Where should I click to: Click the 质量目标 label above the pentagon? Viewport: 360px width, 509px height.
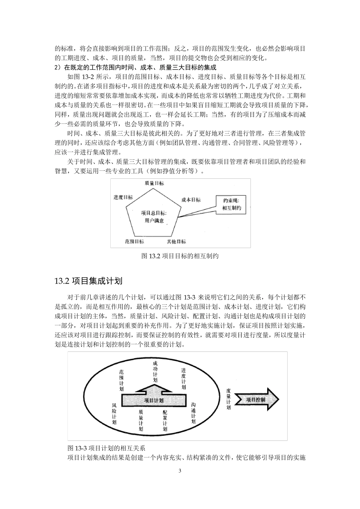[154, 183]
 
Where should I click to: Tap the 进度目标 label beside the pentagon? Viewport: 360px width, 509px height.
[123, 197]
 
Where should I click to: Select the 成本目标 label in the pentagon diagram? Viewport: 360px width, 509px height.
[191, 200]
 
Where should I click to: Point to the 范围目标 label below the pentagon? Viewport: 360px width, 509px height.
[135, 241]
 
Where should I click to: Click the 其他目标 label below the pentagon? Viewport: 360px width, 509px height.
[176, 242]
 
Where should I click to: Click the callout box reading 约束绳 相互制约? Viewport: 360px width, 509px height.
[232, 205]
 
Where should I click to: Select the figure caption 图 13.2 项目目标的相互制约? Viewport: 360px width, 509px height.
[180, 256]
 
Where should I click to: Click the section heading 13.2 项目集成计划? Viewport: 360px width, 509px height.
[88, 281]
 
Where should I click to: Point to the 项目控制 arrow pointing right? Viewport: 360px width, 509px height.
[257, 399]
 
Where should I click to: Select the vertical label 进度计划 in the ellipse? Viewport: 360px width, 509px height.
[183, 379]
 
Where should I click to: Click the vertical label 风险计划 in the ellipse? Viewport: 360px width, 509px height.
[114, 414]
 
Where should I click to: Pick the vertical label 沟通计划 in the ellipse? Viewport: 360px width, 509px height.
[194, 413]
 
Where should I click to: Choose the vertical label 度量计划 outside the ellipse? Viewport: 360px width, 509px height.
[228, 399]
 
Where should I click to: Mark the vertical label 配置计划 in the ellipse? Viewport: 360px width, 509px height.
[165, 421]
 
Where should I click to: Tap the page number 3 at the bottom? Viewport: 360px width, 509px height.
[180, 471]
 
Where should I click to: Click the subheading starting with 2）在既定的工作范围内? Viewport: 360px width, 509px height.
[135, 67]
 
